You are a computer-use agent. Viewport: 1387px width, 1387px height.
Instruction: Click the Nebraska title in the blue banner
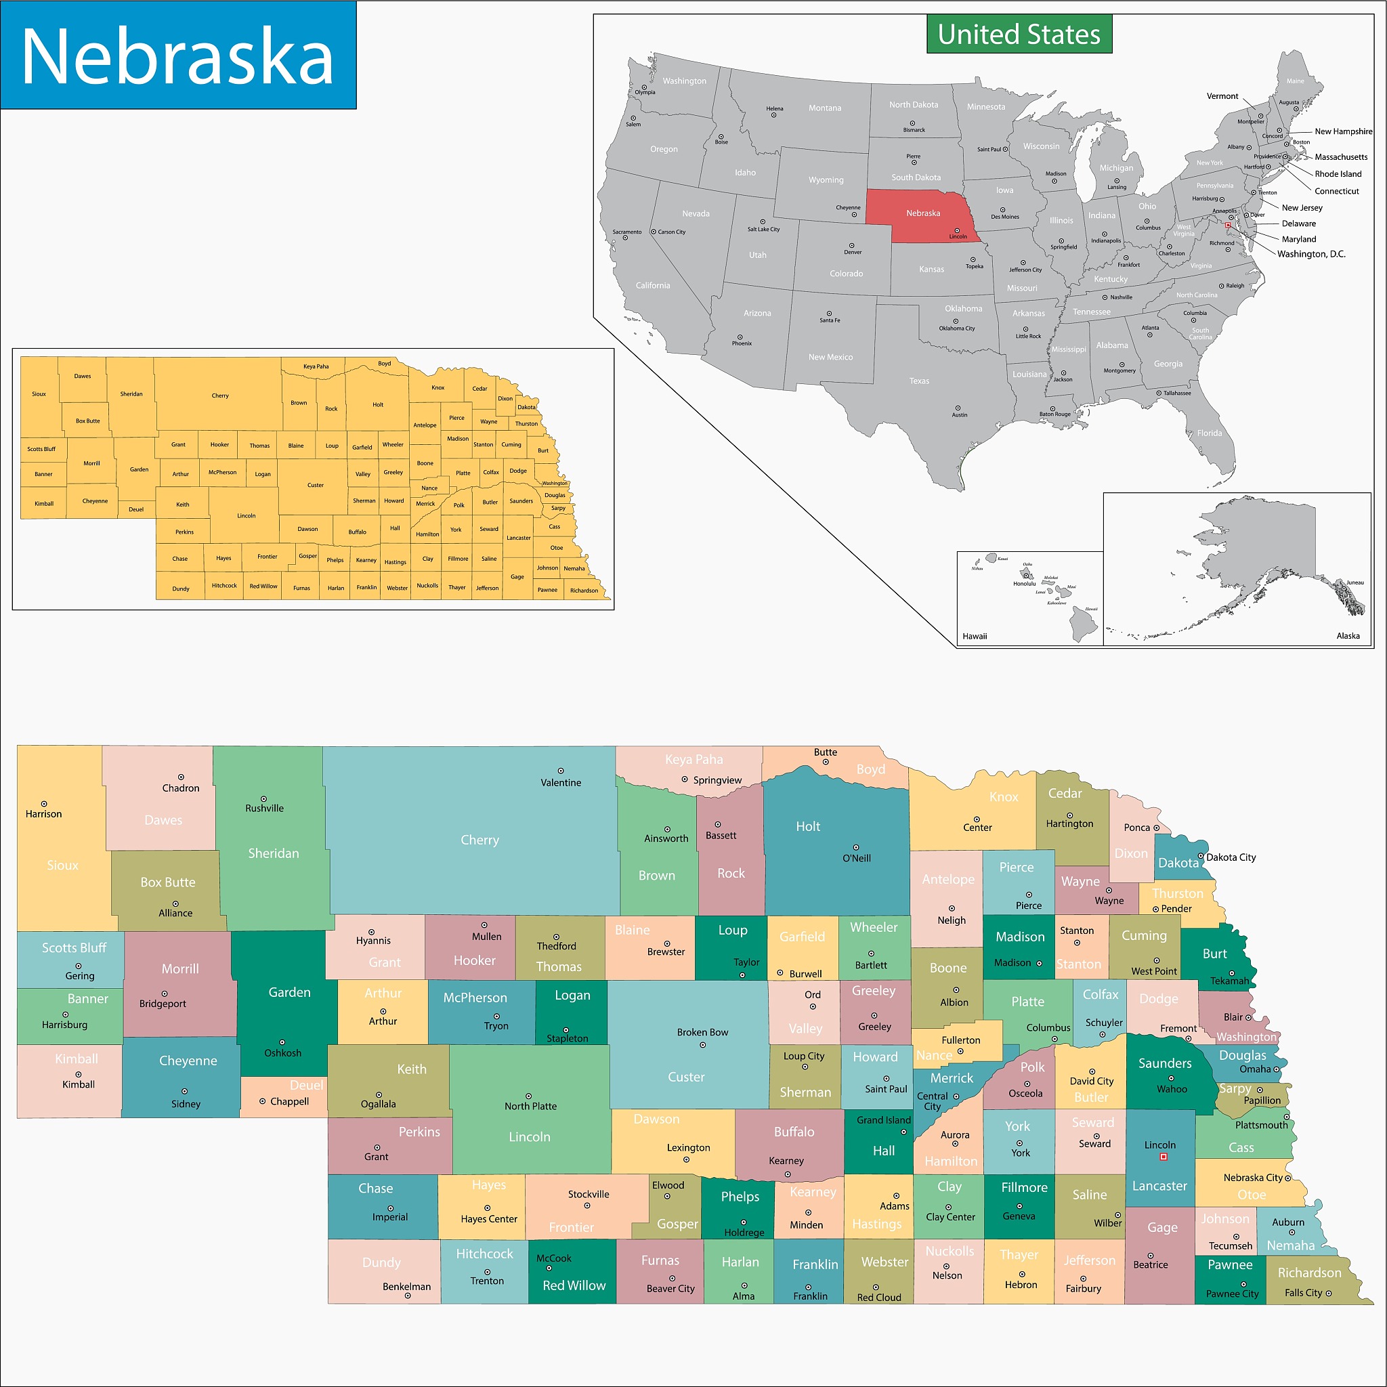pyautogui.click(x=177, y=56)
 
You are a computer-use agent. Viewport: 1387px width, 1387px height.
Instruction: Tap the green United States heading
pyautogui.click(x=1018, y=35)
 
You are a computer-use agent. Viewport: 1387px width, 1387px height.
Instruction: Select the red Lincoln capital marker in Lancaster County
pyautogui.click(x=1164, y=1157)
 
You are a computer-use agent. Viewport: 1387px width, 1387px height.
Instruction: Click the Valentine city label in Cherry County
pyautogui.click(x=561, y=782)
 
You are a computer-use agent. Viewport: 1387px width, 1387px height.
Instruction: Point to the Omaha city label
pyautogui.click(x=1255, y=1069)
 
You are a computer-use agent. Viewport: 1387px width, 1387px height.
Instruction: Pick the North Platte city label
pyautogui.click(x=530, y=1107)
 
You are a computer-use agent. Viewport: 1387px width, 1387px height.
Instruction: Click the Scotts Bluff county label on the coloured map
pyautogui.click(x=74, y=947)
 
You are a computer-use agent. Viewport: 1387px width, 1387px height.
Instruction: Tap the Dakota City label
pyautogui.click(x=1231, y=857)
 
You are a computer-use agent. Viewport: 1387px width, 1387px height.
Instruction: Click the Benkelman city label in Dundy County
pyautogui.click(x=406, y=1287)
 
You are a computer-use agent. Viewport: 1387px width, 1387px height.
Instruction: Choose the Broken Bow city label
pyautogui.click(x=702, y=1032)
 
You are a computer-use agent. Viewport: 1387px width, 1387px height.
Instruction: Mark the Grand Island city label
pyautogui.click(x=883, y=1120)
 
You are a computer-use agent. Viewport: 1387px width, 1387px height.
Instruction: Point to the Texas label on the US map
pyautogui.click(x=919, y=381)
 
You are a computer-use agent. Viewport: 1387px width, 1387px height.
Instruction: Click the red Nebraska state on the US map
pyautogui.click(x=922, y=213)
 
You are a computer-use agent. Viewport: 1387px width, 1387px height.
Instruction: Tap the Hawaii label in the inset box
pyautogui.click(x=974, y=636)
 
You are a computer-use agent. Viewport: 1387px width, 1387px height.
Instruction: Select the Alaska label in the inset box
pyautogui.click(x=1348, y=635)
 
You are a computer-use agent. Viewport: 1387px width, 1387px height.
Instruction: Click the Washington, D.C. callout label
pyautogui.click(x=1311, y=254)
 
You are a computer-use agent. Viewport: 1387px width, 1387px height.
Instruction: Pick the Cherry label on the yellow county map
pyautogui.click(x=219, y=396)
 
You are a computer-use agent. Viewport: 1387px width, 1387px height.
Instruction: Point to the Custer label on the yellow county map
pyautogui.click(x=315, y=486)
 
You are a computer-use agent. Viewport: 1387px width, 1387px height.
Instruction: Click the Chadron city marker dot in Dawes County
pyautogui.click(x=181, y=777)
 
